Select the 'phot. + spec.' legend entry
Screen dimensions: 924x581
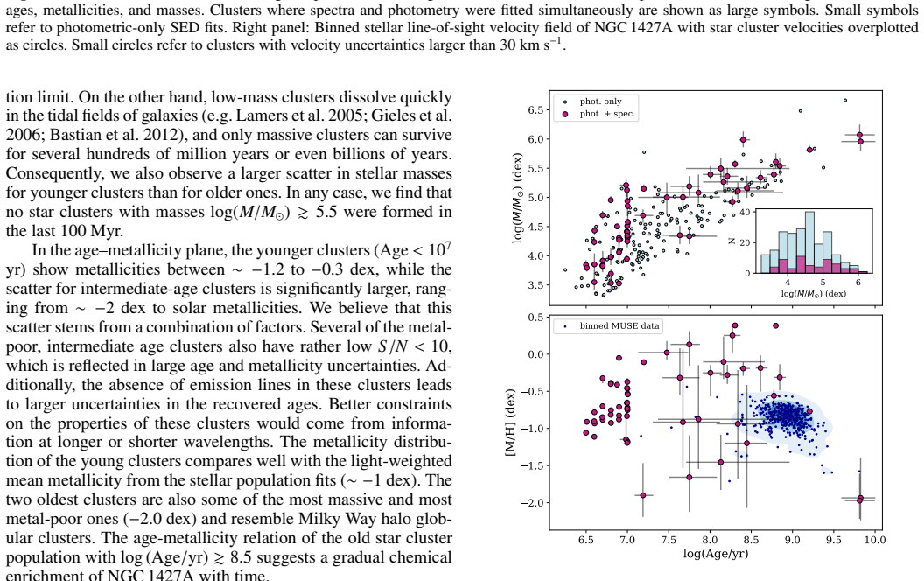point(600,114)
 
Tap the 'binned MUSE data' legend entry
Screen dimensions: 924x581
point(612,325)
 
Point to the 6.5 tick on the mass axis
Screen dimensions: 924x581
point(535,110)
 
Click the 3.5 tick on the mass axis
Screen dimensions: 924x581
point(535,285)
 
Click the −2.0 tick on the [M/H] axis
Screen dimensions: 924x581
point(531,502)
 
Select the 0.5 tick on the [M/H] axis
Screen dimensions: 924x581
point(535,317)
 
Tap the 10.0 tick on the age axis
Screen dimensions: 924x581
point(874,540)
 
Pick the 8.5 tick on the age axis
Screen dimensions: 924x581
point(751,540)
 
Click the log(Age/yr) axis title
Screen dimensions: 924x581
point(716,554)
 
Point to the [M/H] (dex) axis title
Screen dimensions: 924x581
point(510,423)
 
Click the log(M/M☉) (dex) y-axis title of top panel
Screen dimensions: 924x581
point(517,198)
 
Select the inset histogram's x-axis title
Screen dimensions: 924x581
point(813,293)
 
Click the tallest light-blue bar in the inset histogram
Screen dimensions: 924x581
point(809,242)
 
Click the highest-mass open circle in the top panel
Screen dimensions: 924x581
point(845,100)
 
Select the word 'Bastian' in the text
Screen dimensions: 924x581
point(75,135)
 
